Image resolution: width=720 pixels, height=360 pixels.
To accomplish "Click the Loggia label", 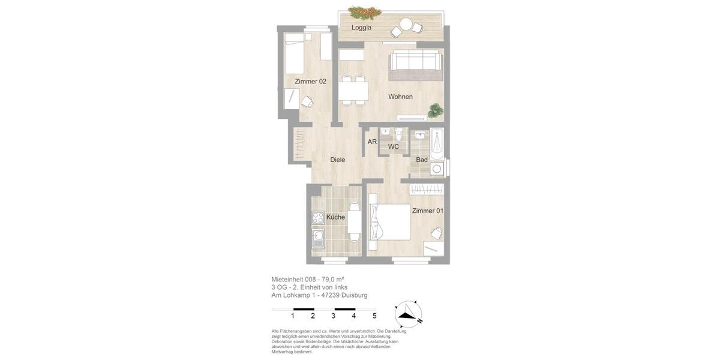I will point(361,28).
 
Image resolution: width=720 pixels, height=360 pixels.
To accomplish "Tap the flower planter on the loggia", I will point(365,11).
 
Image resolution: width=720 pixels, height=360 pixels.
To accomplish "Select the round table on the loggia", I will point(406,25).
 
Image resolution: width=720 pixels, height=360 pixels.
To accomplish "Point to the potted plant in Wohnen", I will point(436,110).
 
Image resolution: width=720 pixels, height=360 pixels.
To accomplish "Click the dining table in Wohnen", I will point(353,91).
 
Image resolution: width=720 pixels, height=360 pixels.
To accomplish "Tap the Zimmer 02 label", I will point(310,82).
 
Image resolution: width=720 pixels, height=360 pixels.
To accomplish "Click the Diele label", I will point(338,160).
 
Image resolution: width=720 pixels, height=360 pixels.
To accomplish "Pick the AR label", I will point(372,142).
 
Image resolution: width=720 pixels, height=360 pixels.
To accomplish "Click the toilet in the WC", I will point(398,133).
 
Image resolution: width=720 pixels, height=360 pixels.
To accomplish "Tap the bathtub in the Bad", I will point(437,144).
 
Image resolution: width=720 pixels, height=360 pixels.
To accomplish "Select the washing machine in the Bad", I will point(437,169).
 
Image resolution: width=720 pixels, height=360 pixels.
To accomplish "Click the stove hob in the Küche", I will point(318,218).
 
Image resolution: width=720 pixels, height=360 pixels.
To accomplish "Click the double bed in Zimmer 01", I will point(390,222).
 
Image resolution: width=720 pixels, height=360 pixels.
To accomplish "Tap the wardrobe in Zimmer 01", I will point(427,189).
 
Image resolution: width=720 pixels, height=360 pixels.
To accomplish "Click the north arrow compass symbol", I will point(408,314).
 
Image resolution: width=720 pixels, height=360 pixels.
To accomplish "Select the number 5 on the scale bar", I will point(374,316).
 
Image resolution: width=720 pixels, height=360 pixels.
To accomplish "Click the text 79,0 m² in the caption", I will point(332,280).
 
